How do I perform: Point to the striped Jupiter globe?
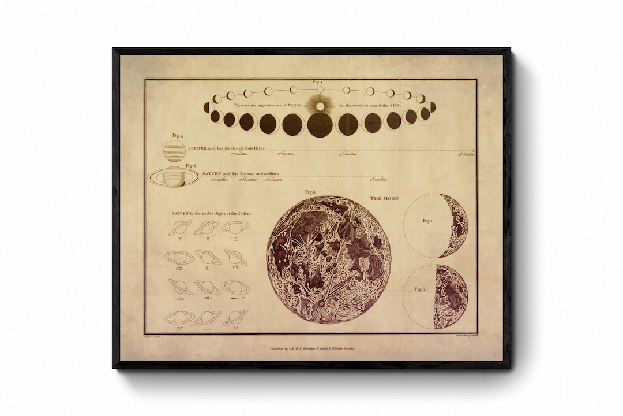pyautogui.click(x=174, y=151)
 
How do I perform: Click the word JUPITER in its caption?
pyautogui.click(x=198, y=148)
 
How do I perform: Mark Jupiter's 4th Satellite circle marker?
pyautogui.click(x=474, y=150)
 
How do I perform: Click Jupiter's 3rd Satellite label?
pyautogui.click(x=348, y=154)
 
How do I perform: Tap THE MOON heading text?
pyautogui.click(x=384, y=199)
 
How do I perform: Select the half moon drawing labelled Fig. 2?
pyautogui.click(x=451, y=296)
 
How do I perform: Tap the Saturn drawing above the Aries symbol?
pyautogui.click(x=180, y=228)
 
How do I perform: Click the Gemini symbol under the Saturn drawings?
pyautogui.click(x=235, y=239)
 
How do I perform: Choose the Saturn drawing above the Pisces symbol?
pyautogui.click(x=235, y=317)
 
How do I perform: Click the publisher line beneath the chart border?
pyautogui.click(x=311, y=349)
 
